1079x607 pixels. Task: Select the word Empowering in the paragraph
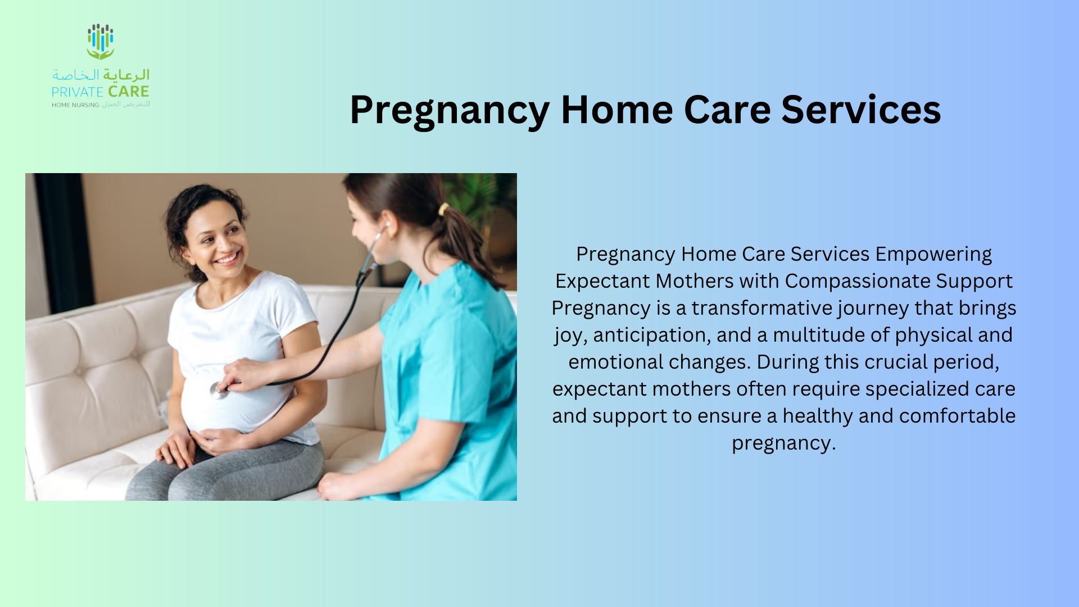933,255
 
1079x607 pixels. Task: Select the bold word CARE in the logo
129,92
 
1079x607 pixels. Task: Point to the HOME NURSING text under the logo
75,105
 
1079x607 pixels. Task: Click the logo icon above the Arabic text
101,42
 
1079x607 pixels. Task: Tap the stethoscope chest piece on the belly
219,391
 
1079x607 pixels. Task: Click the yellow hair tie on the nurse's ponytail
444,210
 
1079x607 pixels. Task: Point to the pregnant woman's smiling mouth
227,259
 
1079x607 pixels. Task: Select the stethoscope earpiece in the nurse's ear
386,227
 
